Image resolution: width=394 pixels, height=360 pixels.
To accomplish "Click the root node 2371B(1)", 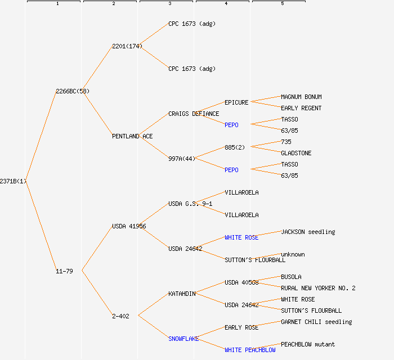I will (13, 181).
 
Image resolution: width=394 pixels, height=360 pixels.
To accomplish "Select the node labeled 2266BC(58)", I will (73, 91).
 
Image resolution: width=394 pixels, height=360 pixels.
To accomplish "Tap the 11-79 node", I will (64, 271).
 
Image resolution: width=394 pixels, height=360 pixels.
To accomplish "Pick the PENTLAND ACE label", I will (132, 136).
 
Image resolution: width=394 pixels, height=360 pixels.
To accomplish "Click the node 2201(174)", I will (127, 46).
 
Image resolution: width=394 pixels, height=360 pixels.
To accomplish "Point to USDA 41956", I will (129, 226).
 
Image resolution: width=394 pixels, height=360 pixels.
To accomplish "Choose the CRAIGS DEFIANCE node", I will (194, 114).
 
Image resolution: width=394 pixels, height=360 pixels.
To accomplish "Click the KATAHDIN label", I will (182, 294).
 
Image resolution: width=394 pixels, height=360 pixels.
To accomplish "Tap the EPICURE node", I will (236, 102).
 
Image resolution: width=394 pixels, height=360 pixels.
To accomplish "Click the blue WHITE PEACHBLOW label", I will (250, 350).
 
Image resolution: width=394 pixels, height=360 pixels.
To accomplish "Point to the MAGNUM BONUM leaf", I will (301, 97).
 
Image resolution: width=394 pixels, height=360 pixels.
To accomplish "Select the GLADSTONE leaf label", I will (296, 153).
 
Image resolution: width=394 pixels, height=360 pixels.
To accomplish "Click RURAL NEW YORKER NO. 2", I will (318, 288).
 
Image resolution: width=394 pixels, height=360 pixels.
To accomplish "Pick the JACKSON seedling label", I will (308, 232).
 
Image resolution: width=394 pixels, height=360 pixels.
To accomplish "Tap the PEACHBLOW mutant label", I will (308, 344).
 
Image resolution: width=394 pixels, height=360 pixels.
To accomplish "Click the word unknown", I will (293, 254).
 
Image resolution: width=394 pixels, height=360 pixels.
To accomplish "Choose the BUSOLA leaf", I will (291, 277).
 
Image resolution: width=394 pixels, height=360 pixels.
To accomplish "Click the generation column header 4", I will (226, 3).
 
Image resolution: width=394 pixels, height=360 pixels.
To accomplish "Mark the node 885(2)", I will (235, 147).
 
